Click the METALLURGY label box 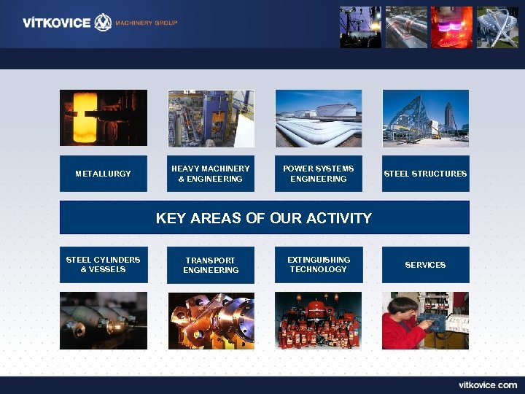click(x=103, y=174)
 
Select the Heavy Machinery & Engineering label click(x=210, y=174)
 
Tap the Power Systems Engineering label click(x=318, y=174)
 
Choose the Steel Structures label click(x=425, y=174)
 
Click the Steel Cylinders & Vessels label click(x=103, y=265)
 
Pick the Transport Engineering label click(x=210, y=265)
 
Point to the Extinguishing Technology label click(x=318, y=265)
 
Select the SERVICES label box click(x=425, y=265)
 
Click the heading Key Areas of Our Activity click(x=264, y=217)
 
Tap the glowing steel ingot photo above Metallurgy click(x=103, y=118)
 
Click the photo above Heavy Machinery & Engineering click(x=210, y=118)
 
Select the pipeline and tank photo click(x=318, y=118)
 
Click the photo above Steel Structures click(x=425, y=118)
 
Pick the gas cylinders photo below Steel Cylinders click(x=103, y=320)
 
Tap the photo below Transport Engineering click(x=210, y=320)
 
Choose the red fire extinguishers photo click(x=318, y=320)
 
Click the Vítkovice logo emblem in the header click(x=104, y=22)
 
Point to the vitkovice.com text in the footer click(x=487, y=385)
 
